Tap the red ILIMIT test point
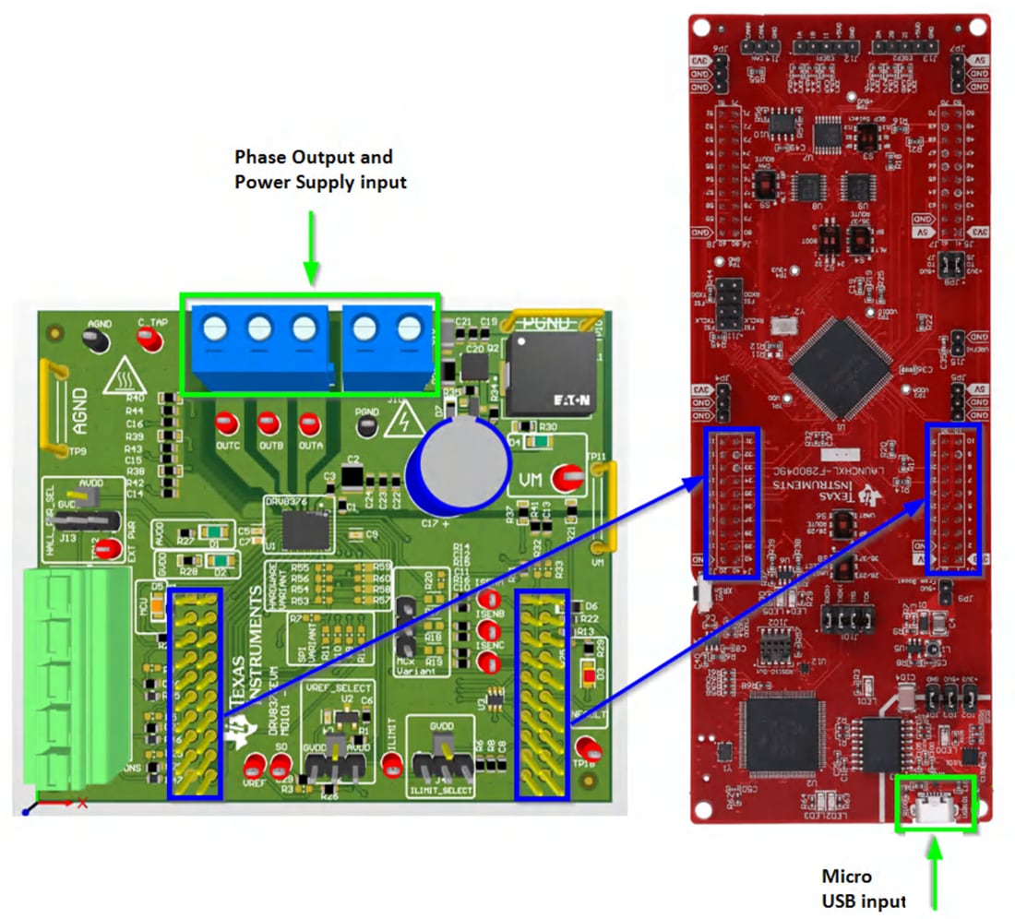[x=392, y=763]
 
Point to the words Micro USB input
[x=864, y=888]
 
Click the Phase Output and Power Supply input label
[x=319, y=169]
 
